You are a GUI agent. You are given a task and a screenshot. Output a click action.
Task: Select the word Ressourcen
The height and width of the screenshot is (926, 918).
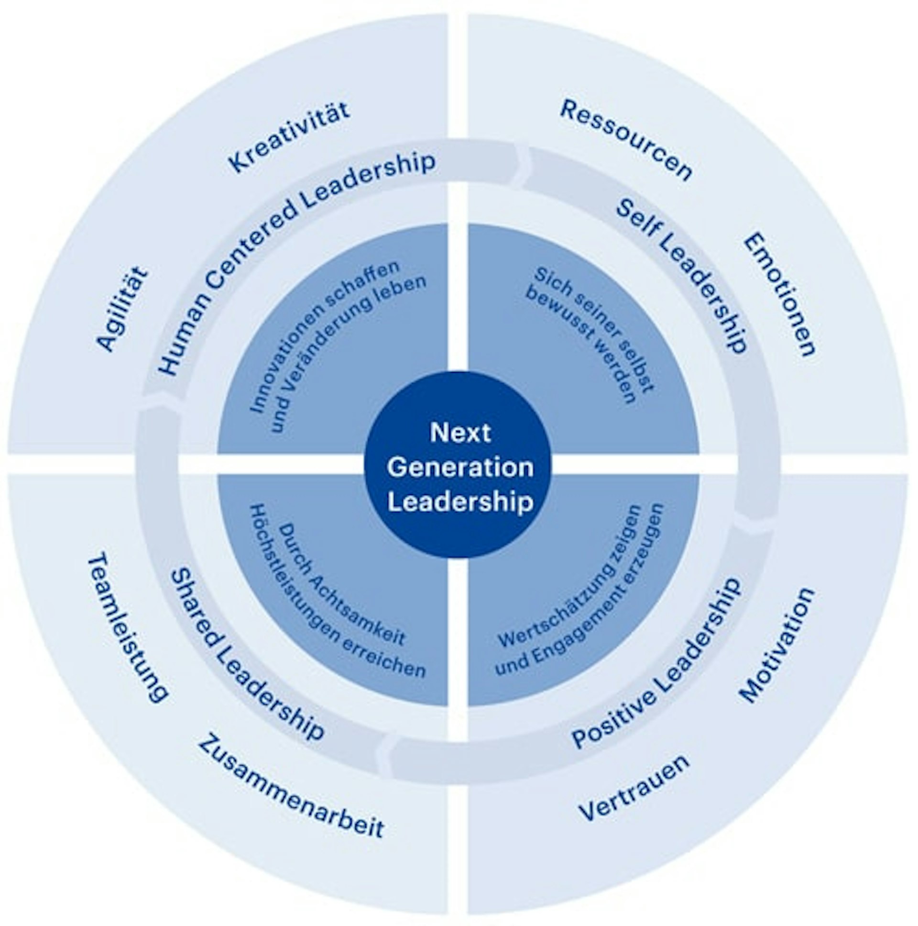pos(626,140)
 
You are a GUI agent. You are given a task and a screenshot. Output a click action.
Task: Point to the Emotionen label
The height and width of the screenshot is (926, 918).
pos(779,295)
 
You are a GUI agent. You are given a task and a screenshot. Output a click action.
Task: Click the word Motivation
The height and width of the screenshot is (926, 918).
pos(777,645)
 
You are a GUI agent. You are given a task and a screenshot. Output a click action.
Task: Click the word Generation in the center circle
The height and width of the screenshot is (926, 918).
pos(460,468)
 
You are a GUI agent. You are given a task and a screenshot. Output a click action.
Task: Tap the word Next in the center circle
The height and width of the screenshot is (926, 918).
pos(460,432)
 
